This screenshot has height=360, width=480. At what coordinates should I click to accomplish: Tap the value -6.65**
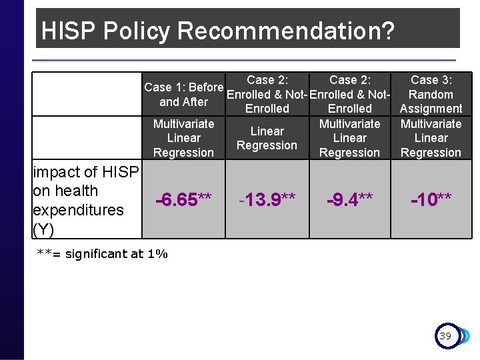[x=183, y=199]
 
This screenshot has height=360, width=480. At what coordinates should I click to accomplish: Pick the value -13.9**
[x=267, y=199]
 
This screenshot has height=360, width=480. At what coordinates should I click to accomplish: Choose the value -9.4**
[x=349, y=199]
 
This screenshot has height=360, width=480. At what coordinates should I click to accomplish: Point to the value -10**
[x=431, y=199]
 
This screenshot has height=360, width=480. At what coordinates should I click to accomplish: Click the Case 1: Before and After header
[x=183, y=95]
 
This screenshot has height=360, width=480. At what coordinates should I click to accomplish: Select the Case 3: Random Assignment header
[x=431, y=94]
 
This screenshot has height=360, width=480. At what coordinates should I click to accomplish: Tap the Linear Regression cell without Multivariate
[x=267, y=138]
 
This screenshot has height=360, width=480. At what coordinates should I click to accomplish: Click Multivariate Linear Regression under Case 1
[x=183, y=138]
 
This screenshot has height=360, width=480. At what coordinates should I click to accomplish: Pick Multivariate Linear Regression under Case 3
[x=431, y=138]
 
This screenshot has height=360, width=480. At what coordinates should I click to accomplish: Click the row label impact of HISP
[x=86, y=173]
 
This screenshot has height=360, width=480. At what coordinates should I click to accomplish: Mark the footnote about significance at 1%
[x=103, y=253]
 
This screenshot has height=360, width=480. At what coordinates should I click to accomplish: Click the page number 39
[x=445, y=336]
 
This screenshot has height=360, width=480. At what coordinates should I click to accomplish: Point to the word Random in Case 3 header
[x=431, y=95]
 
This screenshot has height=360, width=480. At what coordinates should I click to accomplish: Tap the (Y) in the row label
[x=43, y=229]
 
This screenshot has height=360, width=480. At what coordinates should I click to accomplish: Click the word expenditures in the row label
[x=78, y=210]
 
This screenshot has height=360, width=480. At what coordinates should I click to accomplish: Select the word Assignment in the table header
[x=431, y=109]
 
